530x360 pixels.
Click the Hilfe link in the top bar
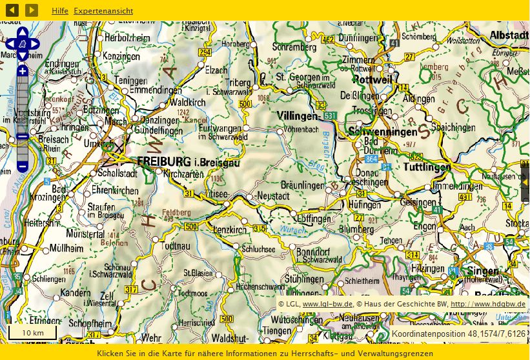point(59,11)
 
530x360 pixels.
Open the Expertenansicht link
point(103,11)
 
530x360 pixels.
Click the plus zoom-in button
point(22,71)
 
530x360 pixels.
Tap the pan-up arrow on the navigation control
point(22,32)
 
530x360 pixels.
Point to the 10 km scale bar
point(32,332)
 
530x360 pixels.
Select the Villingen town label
point(298,115)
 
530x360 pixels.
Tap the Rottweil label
point(372,79)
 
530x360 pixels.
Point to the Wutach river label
point(291,229)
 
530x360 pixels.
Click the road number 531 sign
point(330,115)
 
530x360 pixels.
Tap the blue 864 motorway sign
point(371,158)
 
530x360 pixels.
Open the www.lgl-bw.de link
point(327,304)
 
